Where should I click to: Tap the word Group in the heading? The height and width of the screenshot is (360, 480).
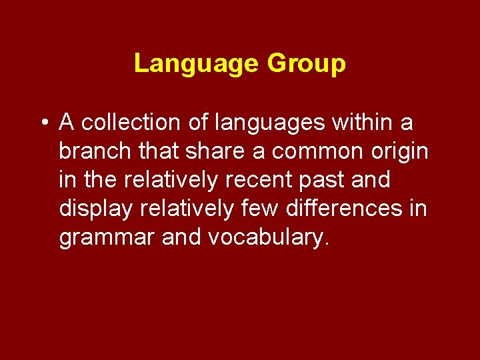coord(306,64)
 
